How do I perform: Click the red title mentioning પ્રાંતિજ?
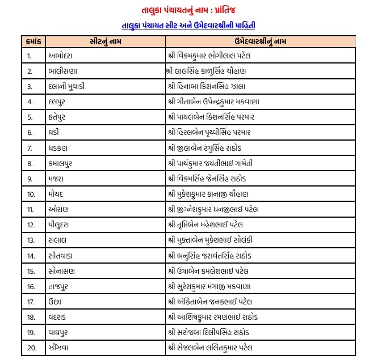182,11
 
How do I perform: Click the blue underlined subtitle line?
182,26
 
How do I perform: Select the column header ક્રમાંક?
33,41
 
